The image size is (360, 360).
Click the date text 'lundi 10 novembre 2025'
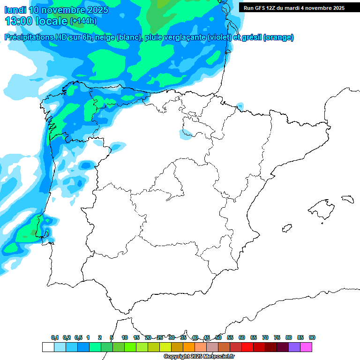[x=56, y=10]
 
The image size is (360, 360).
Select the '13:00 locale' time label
[x=37, y=21]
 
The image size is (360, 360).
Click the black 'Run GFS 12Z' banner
[x=294, y=7]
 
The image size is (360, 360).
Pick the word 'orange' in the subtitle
[x=278, y=37]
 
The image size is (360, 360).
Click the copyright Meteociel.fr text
[x=199, y=357]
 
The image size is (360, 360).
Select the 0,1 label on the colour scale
[x=55, y=338]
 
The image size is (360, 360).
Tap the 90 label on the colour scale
[x=312, y=338]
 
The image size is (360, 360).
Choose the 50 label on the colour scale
[x=218, y=338]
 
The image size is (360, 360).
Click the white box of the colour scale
[x=48, y=347]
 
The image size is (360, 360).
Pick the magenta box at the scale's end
[x=306, y=347]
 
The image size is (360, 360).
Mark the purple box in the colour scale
[x=294, y=347]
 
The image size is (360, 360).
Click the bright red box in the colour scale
[x=247, y=347]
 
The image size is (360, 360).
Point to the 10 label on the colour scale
[x=125, y=338]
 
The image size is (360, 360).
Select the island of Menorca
[x=347, y=198]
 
